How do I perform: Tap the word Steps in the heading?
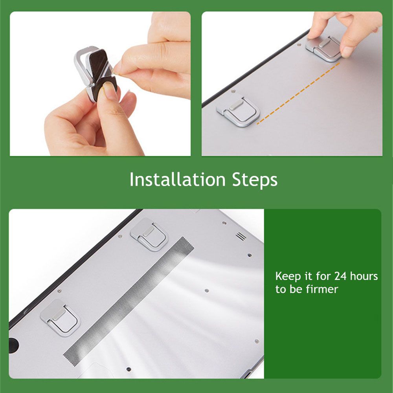point(254,180)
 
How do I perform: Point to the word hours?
point(364,276)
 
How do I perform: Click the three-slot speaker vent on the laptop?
point(240,236)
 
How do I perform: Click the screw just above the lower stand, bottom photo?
point(59,291)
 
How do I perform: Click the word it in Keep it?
point(308,276)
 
